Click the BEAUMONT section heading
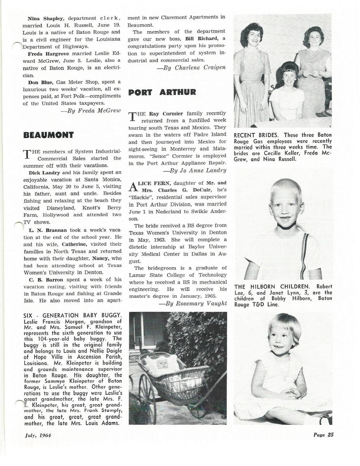pos(49,135)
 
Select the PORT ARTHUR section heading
pos(162,92)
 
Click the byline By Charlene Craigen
pos(191,68)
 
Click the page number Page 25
pos(323,435)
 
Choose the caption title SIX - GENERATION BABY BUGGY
pos(73,315)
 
